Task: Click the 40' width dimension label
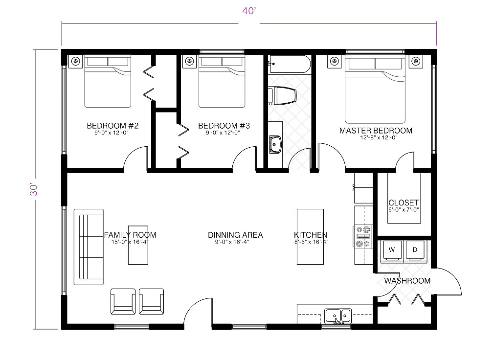tap(249, 11)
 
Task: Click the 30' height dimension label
tap(34, 189)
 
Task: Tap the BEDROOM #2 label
tap(112, 126)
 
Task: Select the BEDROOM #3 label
tap(224, 126)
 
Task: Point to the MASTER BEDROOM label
tap(376, 131)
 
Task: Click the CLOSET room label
tap(403, 202)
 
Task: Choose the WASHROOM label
tap(407, 281)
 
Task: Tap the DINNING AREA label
tap(235, 235)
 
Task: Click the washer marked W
tap(392, 251)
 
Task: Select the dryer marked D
tap(415, 251)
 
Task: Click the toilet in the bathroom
tap(282, 96)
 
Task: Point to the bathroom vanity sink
tap(275, 144)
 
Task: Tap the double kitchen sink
tap(338, 316)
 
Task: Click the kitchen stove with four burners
tap(362, 237)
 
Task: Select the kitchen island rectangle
tap(310, 237)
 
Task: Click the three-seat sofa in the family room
tap(89, 247)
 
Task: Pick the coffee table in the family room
tap(138, 245)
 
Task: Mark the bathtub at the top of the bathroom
tap(290, 64)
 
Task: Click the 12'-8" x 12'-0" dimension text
tap(379, 137)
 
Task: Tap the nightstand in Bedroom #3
tap(189, 61)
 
